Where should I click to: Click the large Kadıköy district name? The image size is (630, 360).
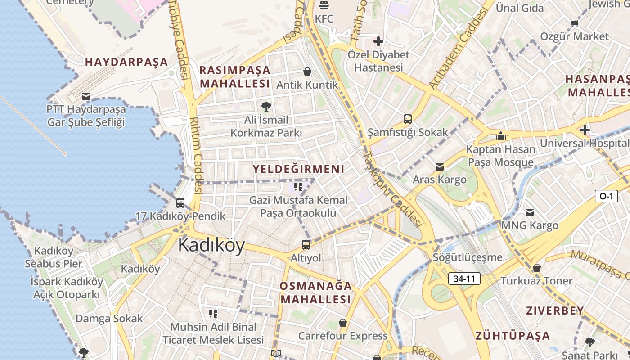coord(211,246)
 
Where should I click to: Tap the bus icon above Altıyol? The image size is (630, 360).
coord(306,245)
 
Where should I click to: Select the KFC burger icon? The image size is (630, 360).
coord(324,5)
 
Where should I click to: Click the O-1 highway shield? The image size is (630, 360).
coord(606,196)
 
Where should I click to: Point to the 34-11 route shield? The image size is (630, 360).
coord(464,279)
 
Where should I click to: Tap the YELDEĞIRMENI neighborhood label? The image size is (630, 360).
coord(298,169)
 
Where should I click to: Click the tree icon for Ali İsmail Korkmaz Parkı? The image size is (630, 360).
coord(266,107)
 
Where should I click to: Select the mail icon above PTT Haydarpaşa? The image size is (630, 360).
coord(86,96)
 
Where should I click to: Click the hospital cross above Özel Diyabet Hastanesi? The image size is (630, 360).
coord(378,42)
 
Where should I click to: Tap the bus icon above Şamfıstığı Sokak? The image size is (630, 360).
coord(408,119)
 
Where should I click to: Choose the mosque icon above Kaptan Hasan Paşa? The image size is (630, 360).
coord(500,136)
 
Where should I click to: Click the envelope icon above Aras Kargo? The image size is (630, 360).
coord(440,167)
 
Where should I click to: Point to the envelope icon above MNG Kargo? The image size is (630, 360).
coord(530,212)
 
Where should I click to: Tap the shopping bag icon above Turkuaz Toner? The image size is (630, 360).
coord(536,268)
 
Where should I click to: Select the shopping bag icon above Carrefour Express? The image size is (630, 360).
coord(343,323)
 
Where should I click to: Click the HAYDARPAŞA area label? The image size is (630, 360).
coord(126,62)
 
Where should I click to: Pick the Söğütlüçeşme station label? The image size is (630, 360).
coord(467,257)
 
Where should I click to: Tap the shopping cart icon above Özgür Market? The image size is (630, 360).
coord(574,23)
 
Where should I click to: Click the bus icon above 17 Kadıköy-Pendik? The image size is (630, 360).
coord(180,203)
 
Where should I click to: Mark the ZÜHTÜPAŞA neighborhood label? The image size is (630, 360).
coord(513,336)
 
